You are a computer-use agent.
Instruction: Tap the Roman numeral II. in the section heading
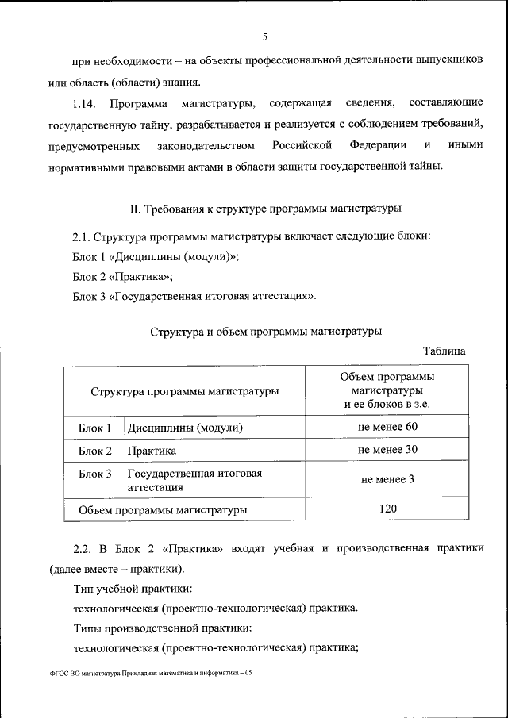click(x=136, y=209)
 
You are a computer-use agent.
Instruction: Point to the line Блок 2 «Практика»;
click(x=122, y=277)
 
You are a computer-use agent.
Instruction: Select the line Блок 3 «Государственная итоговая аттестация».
click(x=194, y=297)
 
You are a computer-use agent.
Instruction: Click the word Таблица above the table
click(x=444, y=351)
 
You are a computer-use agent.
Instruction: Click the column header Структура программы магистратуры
click(x=184, y=390)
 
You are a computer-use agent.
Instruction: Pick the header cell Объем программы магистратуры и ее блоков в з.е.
click(x=387, y=390)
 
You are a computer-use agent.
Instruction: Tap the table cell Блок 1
click(x=94, y=428)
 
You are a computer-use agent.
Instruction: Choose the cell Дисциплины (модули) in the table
click(x=184, y=428)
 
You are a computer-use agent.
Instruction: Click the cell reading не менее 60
click(x=387, y=427)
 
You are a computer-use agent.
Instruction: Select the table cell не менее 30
click(x=387, y=450)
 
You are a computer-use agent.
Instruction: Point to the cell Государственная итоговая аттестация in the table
click(x=194, y=480)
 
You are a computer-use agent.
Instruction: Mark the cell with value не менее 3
click(x=387, y=479)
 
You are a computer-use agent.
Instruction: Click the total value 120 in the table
click(x=387, y=509)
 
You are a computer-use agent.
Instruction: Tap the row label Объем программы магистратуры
click(x=162, y=509)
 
